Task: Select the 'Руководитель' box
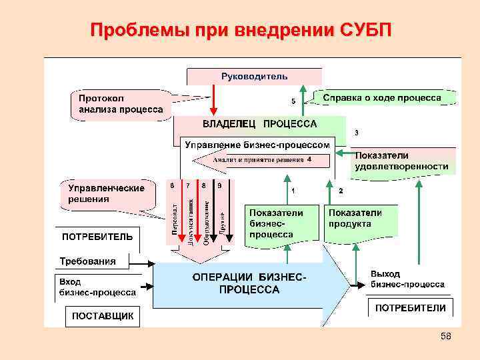(x=254, y=76)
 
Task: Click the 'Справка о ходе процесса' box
(x=381, y=97)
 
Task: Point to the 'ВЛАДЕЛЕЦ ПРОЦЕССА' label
(x=259, y=124)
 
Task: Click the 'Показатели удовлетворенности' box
(x=401, y=161)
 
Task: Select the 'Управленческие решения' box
(x=107, y=193)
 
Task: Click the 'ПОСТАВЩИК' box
(x=103, y=316)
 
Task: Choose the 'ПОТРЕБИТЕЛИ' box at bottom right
(x=410, y=308)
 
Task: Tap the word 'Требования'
(x=87, y=261)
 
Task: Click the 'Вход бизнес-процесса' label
(x=97, y=287)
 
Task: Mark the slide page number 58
(x=446, y=337)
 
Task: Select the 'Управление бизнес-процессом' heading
(x=257, y=144)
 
